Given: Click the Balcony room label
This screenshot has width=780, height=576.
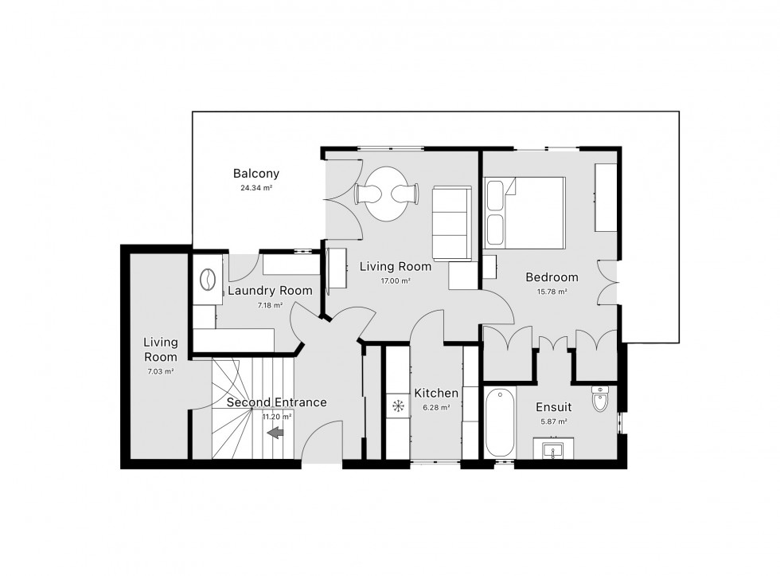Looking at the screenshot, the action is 256,174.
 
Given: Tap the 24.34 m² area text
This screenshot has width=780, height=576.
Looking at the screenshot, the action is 256,188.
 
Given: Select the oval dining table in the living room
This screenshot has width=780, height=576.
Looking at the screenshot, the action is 387,194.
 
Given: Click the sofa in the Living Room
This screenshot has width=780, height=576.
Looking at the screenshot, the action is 452,224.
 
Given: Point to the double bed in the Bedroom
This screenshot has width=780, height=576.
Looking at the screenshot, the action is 525,213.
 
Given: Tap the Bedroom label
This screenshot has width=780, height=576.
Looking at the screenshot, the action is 552,277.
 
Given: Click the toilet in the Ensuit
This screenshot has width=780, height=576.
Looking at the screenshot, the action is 600,398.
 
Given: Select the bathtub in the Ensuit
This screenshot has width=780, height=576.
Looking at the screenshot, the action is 500,423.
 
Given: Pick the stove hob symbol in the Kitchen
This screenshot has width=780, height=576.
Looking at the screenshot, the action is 398,406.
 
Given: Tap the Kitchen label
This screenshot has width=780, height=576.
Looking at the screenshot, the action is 436,394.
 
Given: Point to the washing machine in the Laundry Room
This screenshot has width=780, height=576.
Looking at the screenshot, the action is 208,280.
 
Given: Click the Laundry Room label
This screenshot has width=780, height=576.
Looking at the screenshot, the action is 270,291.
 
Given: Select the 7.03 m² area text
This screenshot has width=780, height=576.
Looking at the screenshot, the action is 161,371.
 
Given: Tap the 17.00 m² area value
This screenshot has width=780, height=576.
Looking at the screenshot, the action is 396,280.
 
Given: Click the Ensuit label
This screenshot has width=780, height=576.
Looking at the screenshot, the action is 553,407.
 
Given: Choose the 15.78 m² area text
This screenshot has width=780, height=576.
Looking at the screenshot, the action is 552,292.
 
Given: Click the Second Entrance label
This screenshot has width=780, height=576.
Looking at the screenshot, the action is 277,402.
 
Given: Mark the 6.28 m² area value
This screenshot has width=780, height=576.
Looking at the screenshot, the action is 436,407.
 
